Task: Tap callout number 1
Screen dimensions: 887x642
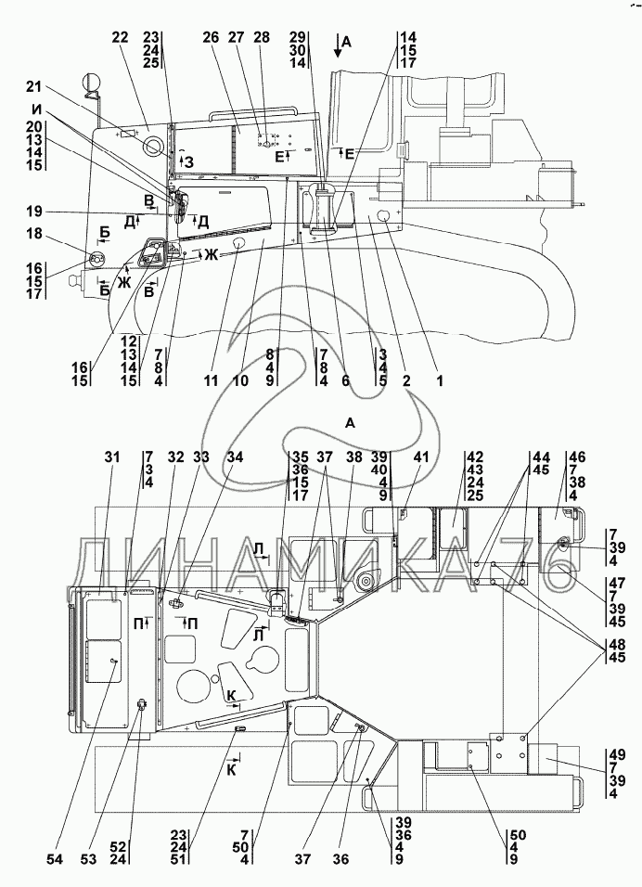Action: click(441, 380)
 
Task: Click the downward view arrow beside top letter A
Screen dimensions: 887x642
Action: click(339, 48)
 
